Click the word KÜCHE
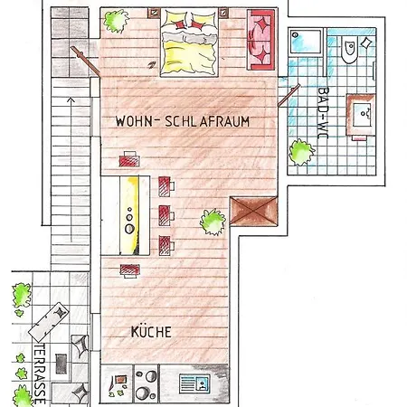coord(151,332)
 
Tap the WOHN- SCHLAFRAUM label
coord(183,121)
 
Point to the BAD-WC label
coord(324,113)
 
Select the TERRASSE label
coord(40,374)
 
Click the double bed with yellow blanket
coord(189,42)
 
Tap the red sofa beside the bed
coord(261,40)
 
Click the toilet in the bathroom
coord(349,50)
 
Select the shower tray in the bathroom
coord(306,42)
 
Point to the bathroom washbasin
coord(362,114)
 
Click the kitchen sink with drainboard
coord(194,383)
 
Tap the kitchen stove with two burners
coord(146,383)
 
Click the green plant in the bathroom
coord(301,152)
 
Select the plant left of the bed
coord(116,21)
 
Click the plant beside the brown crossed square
coord(213,222)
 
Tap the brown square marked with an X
coord(253,211)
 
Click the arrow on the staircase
coord(71,169)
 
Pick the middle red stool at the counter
coord(166,215)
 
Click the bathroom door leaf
coord(289,96)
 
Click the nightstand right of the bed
coord(223,13)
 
